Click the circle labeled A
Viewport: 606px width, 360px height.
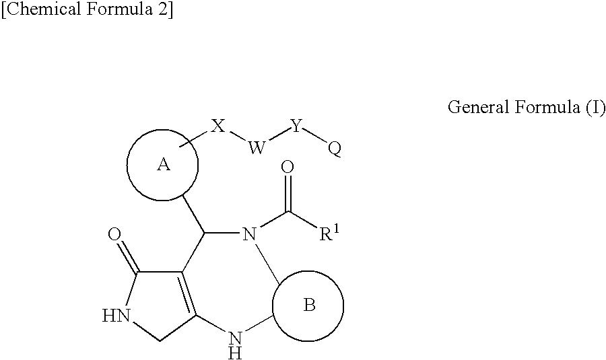pyautogui.click(x=163, y=165)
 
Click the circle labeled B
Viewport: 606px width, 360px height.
pyautogui.click(x=308, y=305)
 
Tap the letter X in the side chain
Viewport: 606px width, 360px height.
pyautogui.click(x=217, y=126)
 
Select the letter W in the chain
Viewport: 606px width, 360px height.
pyautogui.click(x=257, y=148)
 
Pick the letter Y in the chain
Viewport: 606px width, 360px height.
pyautogui.click(x=296, y=126)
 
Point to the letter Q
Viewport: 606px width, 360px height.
pyautogui.click(x=334, y=149)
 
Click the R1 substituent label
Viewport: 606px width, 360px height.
pyautogui.click(x=329, y=236)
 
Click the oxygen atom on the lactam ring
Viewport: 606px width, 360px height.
pyautogui.click(x=114, y=236)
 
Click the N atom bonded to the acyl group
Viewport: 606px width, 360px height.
pyautogui.click(x=249, y=235)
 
